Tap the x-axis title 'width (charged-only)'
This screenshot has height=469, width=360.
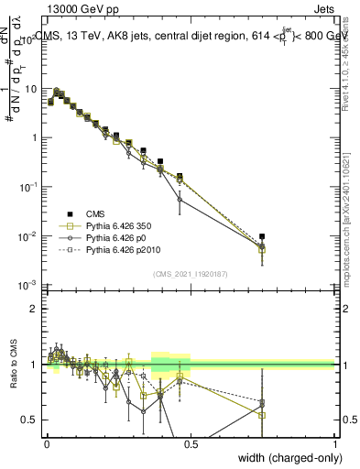(x=286, y=456)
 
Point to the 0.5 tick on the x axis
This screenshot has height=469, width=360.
(x=191, y=443)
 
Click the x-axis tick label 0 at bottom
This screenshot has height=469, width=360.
(x=47, y=443)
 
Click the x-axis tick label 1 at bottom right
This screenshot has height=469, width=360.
(x=334, y=443)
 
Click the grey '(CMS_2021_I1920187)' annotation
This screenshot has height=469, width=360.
(x=191, y=273)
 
